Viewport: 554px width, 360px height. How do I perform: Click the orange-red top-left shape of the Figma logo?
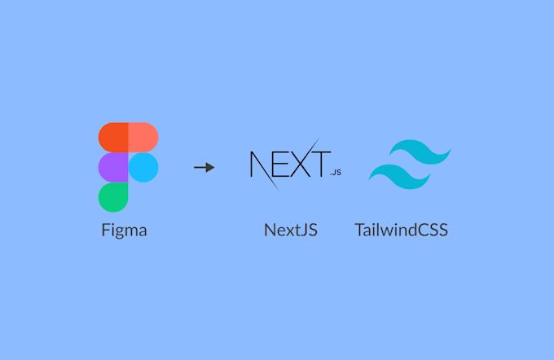click(113, 137)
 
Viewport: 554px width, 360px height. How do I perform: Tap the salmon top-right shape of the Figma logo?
click(143, 137)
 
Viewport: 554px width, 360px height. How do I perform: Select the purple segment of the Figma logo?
click(113, 167)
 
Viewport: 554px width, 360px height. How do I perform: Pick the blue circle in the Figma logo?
click(143, 167)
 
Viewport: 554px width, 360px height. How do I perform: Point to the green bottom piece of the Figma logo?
click(113, 196)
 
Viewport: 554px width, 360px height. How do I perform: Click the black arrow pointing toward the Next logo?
click(204, 167)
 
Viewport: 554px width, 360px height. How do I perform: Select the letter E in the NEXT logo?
click(284, 163)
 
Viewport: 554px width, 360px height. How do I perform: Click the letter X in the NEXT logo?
click(301, 163)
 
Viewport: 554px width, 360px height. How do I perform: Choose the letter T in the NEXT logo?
click(320, 163)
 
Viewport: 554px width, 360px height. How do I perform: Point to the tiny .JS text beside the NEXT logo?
click(336, 173)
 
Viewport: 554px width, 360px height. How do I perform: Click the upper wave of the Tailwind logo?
click(420, 152)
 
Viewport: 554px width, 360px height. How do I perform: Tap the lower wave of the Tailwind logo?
click(399, 173)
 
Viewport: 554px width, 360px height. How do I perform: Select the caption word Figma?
click(123, 230)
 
